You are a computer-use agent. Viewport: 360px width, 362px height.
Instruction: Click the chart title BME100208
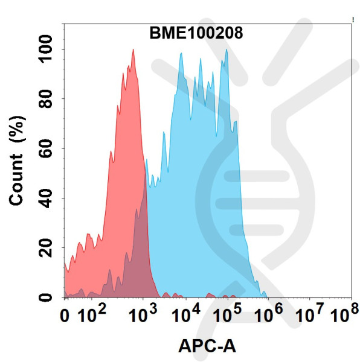[196, 34]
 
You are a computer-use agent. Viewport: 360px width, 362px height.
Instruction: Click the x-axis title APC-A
[207, 346]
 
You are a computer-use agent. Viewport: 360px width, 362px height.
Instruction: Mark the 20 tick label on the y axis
[47, 248]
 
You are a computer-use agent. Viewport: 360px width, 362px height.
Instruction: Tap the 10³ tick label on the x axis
[142, 315]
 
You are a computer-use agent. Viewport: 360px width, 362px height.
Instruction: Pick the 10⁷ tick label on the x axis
[309, 315]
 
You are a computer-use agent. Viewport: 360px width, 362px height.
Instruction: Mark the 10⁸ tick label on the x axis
[345, 315]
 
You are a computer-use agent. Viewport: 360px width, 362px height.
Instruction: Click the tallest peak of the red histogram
[132, 51]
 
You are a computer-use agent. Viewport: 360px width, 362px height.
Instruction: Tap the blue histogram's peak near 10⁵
[227, 51]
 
